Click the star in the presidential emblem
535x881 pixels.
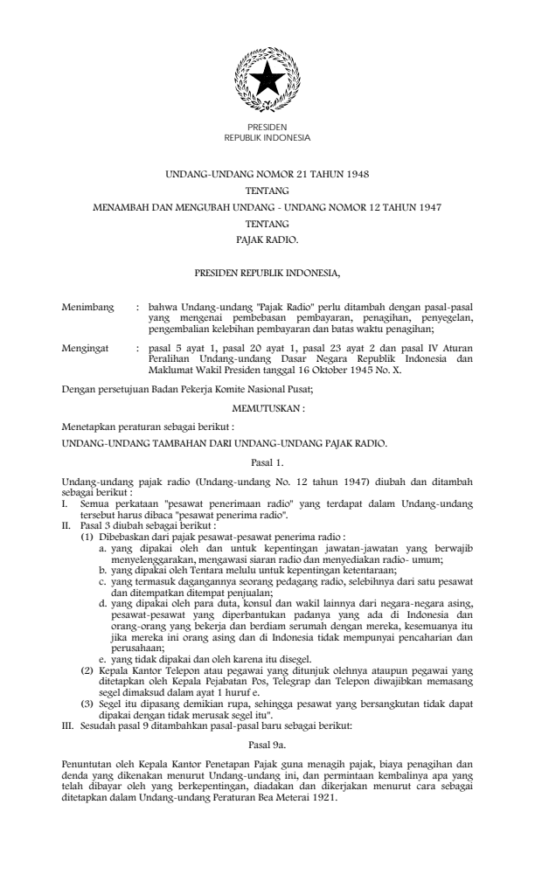tap(267, 80)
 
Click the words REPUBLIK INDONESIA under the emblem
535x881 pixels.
tap(267, 137)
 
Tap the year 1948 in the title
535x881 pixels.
tap(355, 175)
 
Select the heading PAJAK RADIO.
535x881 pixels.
tap(267, 237)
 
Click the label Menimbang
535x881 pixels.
tap(86, 309)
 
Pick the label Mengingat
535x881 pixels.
tap(85, 348)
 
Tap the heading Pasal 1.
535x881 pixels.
tap(267, 460)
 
